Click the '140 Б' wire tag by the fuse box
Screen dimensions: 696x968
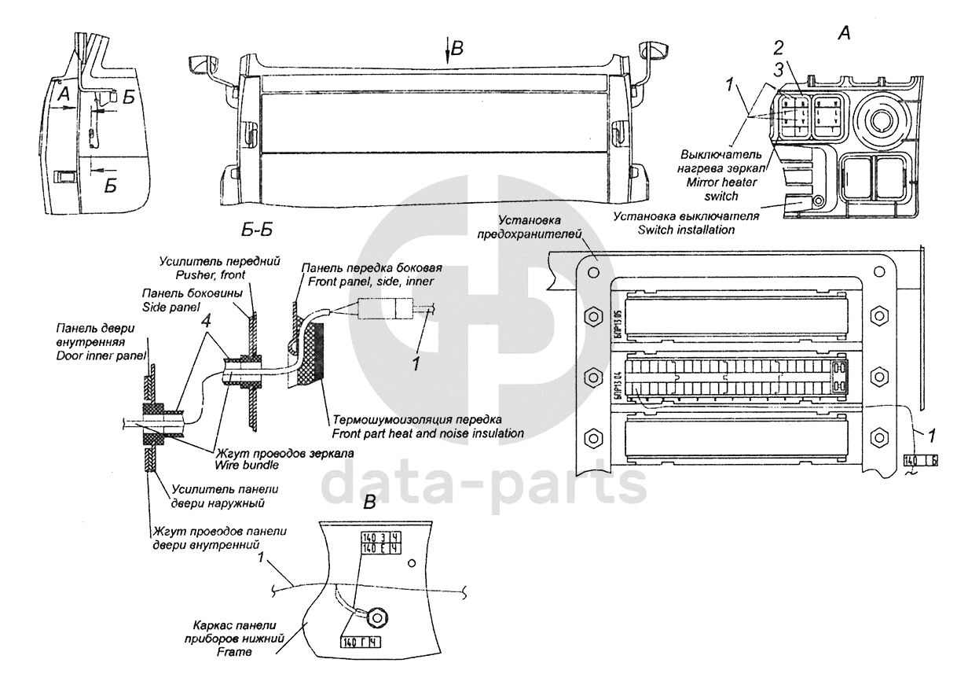tap(920, 459)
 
